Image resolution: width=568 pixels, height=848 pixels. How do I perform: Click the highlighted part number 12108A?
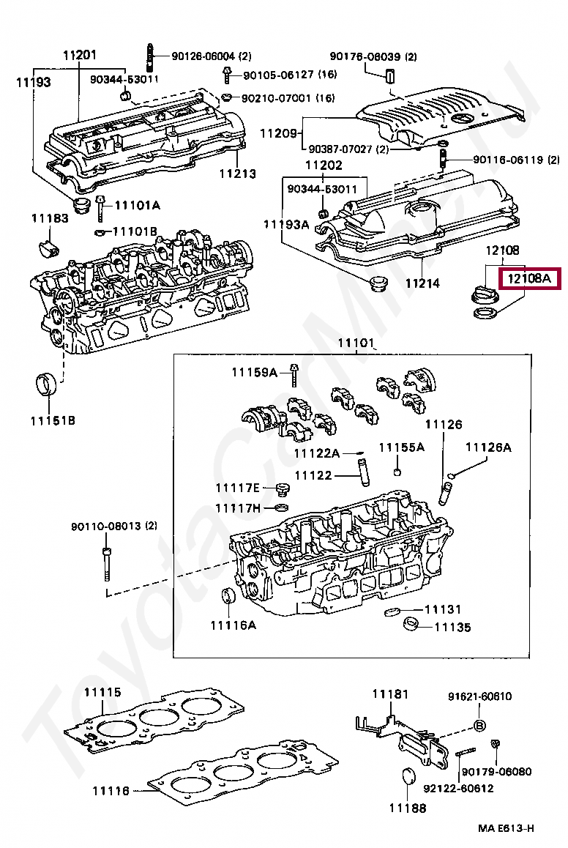click(528, 279)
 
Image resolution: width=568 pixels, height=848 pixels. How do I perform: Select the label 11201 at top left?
click(79, 56)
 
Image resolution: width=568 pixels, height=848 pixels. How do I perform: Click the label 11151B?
click(53, 420)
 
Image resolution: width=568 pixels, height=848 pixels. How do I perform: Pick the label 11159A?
click(254, 373)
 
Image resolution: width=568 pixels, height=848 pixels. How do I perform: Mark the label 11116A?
click(233, 625)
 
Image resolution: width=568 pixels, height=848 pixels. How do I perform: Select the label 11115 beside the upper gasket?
click(102, 692)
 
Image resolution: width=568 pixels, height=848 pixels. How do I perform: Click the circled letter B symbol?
click(478, 725)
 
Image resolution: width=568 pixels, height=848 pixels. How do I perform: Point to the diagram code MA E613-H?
click(506, 828)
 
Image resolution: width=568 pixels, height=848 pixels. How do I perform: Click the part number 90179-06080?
click(497, 771)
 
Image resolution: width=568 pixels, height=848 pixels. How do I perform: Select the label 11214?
click(422, 283)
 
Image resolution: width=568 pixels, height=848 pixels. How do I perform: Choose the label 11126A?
click(488, 447)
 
